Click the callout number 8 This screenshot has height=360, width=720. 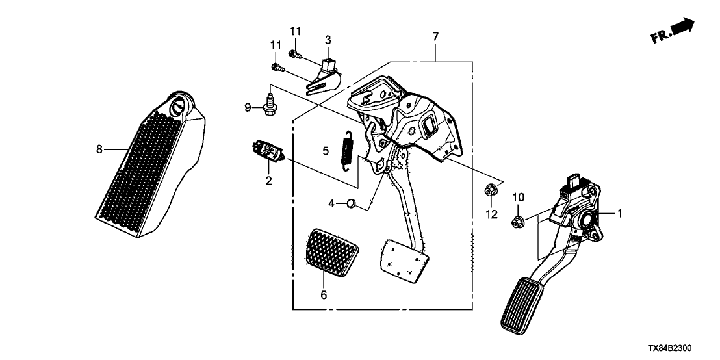(99, 149)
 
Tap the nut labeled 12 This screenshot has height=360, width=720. (491, 190)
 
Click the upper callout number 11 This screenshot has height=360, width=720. (295, 31)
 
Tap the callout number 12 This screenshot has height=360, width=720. (491, 214)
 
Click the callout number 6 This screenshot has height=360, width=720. (324, 296)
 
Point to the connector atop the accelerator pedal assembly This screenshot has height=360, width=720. (575, 180)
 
